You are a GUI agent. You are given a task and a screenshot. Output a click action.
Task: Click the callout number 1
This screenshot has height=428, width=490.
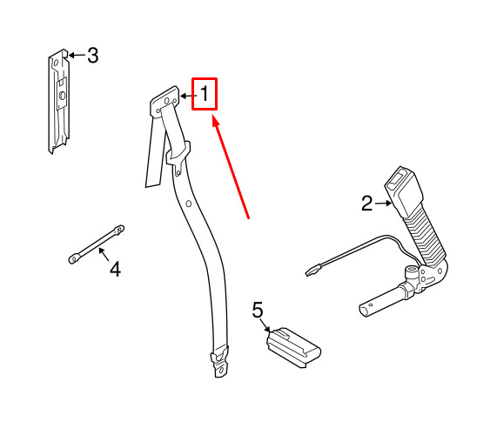point(205,94)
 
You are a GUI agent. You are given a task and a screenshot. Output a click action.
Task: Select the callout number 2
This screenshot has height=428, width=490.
point(367,204)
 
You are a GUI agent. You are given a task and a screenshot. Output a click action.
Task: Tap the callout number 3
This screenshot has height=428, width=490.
point(93,56)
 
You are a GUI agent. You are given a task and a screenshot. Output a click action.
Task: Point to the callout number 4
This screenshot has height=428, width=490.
point(115,270)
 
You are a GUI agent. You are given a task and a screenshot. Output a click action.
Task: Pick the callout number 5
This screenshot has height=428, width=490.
point(258,310)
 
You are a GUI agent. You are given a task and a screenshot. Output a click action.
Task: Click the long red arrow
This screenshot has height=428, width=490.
point(231,167)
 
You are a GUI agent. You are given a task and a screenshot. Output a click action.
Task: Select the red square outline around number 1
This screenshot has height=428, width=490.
point(205,94)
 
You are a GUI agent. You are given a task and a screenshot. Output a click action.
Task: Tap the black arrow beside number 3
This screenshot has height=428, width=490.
point(77,56)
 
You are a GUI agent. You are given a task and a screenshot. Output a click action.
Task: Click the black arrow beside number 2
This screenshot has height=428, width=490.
point(384,204)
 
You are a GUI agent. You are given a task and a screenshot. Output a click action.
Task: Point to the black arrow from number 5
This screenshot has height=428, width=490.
point(265,324)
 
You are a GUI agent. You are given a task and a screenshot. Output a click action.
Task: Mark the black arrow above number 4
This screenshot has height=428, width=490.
point(104,254)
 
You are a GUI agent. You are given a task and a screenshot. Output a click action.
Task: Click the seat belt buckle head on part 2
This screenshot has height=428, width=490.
point(404,191)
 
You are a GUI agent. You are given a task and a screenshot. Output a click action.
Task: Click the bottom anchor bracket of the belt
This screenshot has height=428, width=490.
point(219,362)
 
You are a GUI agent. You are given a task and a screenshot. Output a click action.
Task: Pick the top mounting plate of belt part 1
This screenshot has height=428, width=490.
point(164,101)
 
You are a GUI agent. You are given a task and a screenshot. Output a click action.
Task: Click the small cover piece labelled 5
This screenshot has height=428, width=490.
point(293,348)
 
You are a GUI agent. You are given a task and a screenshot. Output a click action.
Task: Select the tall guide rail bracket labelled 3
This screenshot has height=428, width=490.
point(59,102)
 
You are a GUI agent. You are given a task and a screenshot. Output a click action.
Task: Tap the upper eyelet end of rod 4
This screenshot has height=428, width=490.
point(118,230)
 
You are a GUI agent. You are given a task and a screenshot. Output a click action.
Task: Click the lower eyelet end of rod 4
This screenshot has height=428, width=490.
point(74,258)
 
